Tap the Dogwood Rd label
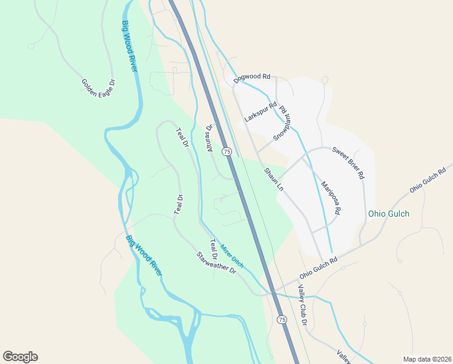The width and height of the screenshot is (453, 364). (251, 76)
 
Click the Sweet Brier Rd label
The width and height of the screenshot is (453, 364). (348, 162)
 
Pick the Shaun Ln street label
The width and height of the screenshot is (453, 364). (273, 180)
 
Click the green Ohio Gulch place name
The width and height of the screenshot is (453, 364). (389, 214)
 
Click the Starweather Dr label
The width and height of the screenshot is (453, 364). (216, 263)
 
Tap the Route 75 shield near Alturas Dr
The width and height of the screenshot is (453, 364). (226, 151)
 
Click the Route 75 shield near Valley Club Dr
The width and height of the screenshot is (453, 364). (282, 319)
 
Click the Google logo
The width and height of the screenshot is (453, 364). (20, 357)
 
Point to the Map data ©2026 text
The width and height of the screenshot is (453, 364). (427, 359)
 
